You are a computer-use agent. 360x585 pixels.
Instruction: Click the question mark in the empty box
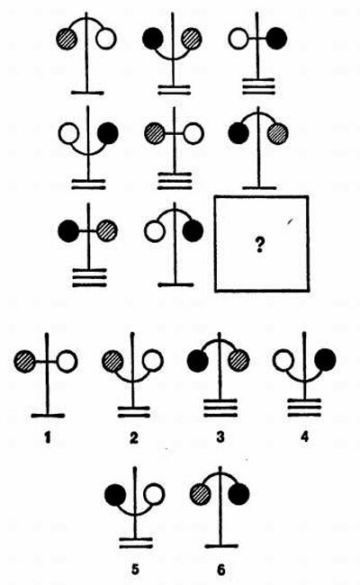[x=259, y=245]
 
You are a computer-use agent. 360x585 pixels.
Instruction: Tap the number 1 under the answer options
[x=47, y=436]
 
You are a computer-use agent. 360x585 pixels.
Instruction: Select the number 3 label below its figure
[x=220, y=436]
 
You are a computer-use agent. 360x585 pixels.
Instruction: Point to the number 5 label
[x=135, y=570]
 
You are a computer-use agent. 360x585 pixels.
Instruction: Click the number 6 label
[x=221, y=570]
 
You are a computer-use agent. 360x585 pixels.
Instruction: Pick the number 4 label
[x=305, y=436]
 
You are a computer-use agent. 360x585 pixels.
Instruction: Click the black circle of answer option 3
[x=197, y=361]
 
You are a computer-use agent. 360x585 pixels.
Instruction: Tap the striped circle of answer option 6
[x=201, y=494]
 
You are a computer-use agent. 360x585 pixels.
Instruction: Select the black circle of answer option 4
[x=325, y=360]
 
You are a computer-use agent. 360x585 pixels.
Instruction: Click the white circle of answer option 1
[x=67, y=361]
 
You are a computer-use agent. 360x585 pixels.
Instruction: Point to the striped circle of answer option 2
[x=112, y=361]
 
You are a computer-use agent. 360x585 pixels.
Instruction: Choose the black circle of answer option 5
[x=115, y=494]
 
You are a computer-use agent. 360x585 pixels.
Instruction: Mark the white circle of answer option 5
[x=154, y=493]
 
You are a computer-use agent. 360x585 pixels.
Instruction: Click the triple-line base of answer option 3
[x=220, y=408]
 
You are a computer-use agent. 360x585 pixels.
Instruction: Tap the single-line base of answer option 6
[x=221, y=546]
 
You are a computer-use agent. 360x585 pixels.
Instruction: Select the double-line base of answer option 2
[x=134, y=412]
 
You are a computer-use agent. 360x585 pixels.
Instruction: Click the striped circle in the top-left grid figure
[x=67, y=38]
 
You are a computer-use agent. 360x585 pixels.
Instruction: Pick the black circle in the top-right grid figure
[x=276, y=39]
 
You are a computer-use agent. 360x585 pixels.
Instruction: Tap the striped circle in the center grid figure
[x=155, y=133]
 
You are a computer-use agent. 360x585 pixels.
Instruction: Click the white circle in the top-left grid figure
[x=106, y=39]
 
